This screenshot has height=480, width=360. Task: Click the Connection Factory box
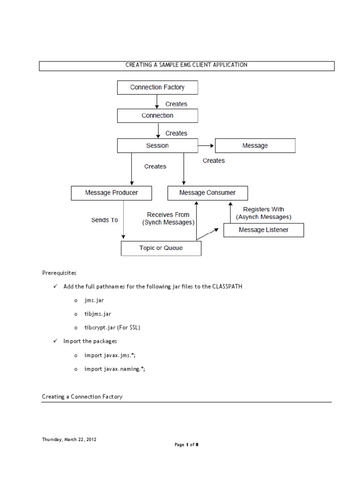point(157,87)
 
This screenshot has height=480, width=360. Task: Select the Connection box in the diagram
point(157,116)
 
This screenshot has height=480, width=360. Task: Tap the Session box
point(157,146)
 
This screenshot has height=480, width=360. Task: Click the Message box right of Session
point(255,146)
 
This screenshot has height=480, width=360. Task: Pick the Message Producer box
point(112,193)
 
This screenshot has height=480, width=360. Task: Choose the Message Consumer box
point(208,193)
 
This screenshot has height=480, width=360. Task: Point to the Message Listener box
point(263,230)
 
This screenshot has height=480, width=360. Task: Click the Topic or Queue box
point(161,248)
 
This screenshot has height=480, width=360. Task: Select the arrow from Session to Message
point(206,146)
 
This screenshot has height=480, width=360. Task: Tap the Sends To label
point(105,219)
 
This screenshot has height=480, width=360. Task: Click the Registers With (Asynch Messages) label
point(263,213)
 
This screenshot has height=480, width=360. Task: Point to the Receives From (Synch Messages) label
point(168,219)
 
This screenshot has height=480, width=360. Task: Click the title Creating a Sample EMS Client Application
point(186,65)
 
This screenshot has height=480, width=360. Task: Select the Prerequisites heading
point(59,273)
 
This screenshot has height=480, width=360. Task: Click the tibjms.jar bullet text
point(97,314)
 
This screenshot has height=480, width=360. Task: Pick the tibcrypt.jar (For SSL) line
point(112,328)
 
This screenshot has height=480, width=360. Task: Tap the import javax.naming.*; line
point(115,369)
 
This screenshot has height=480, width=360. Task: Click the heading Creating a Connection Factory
point(82,397)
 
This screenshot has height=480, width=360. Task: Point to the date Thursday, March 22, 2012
point(69,440)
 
